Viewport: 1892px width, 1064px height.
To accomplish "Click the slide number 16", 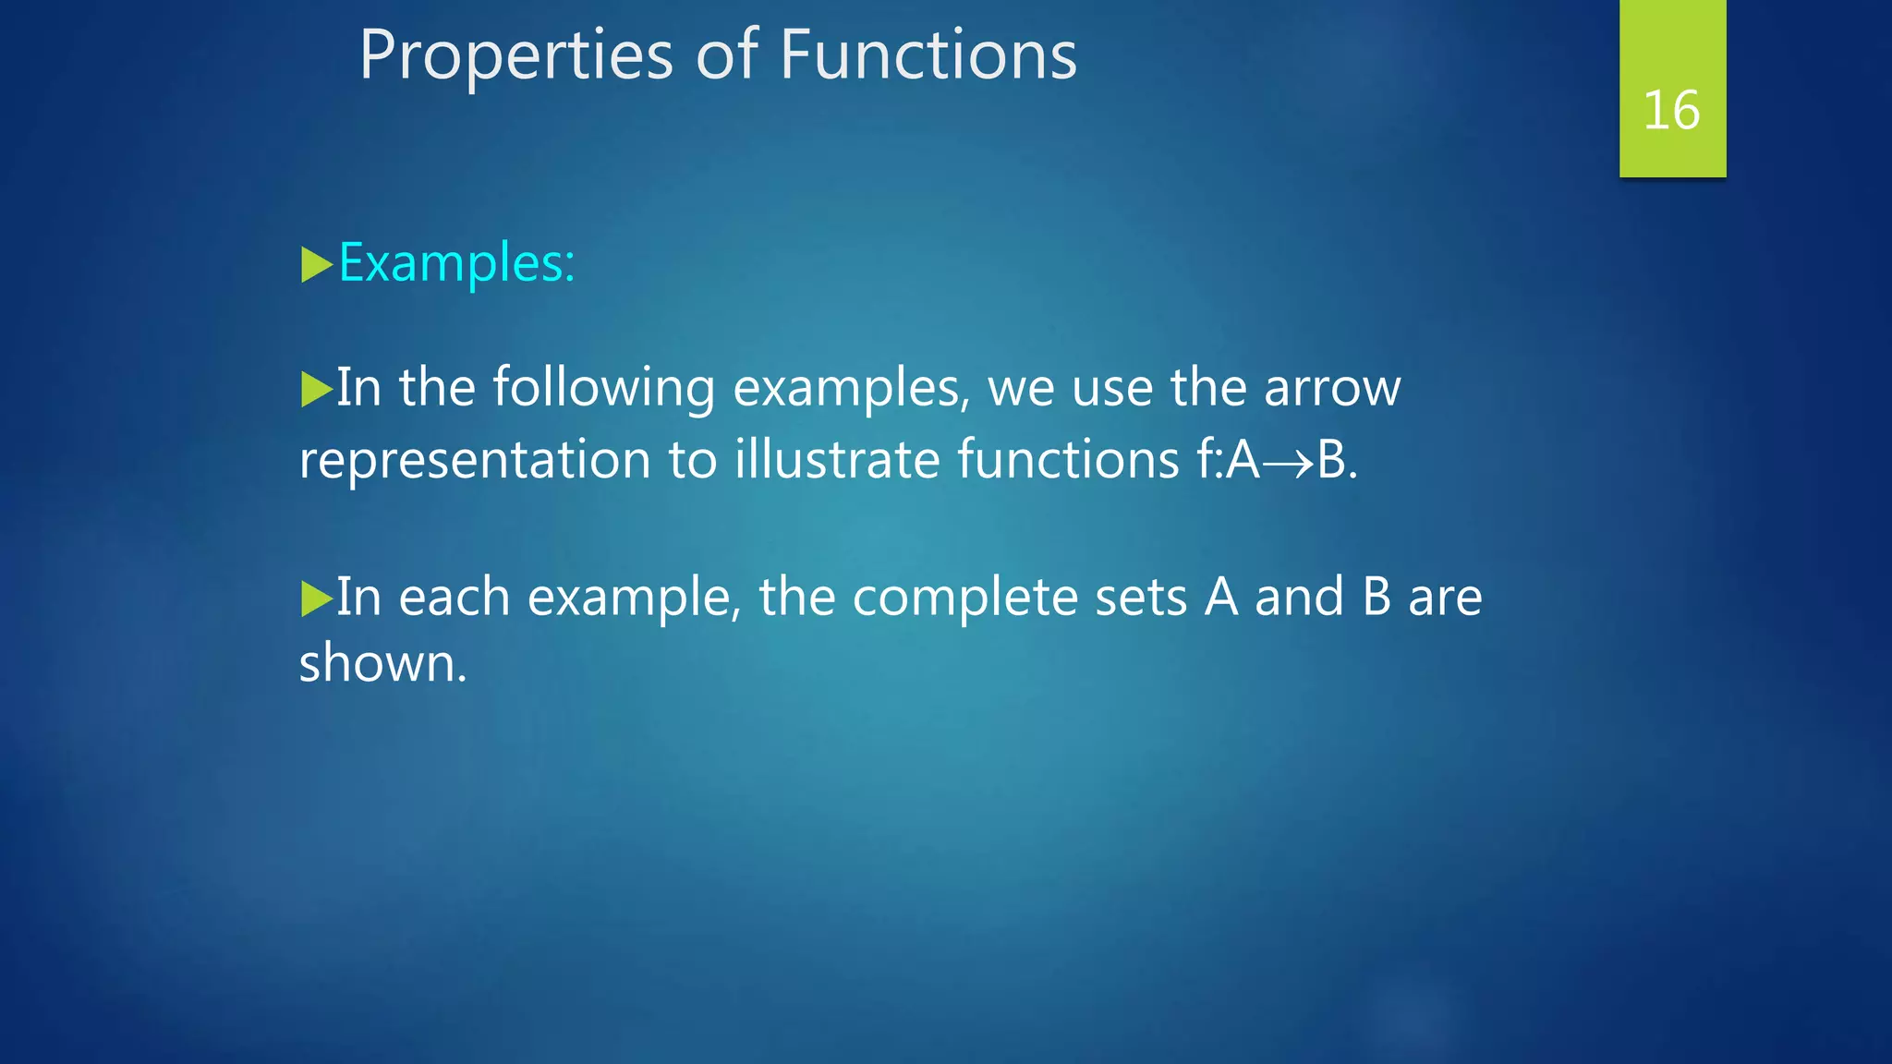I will click(1671, 111).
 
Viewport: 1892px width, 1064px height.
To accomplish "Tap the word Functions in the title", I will click(928, 55).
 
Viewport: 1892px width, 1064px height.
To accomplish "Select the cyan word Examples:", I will click(456, 264).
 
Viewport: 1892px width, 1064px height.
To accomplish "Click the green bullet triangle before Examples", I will click(316, 265).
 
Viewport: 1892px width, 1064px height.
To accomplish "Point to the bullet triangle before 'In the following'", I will click(316, 390).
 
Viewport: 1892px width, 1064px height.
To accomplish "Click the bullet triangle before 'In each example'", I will click(316, 599).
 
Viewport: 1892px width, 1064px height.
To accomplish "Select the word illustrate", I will click(837, 459).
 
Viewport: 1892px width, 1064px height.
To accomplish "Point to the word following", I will click(603, 389).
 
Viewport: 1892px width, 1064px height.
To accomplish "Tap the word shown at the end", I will click(382, 664).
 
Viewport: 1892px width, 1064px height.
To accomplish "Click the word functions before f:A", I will click(1068, 459).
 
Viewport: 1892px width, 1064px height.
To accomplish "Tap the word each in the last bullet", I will click(454, 598).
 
